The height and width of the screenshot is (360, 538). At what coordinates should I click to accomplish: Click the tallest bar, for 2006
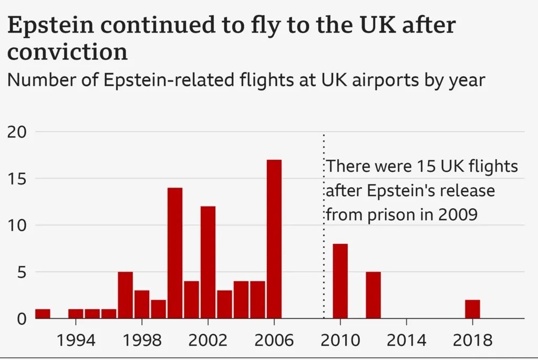coord(274,239)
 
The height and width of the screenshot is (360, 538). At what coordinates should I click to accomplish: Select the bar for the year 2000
coord(175,253)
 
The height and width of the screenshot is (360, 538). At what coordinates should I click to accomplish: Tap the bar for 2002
coord(208,262)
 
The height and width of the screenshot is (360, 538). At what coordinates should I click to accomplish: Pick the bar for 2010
coord(340,281)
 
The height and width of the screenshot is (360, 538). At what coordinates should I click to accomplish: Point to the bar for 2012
coord(373,295)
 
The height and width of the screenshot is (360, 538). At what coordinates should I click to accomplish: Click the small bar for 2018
coord(472,309)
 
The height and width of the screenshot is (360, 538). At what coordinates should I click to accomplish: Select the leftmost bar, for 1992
coord(43,314)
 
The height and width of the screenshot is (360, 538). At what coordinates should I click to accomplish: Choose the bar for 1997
coord(125,295)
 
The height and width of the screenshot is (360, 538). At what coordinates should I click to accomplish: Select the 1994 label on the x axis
coord(76,340)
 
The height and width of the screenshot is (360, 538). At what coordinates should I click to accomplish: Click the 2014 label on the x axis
coord(406,340)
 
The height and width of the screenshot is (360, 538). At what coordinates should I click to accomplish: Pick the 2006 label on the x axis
coord(274,340)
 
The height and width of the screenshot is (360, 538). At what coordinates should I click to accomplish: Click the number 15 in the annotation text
coord(423,167)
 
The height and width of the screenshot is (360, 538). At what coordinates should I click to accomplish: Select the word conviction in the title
coord(67,52)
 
